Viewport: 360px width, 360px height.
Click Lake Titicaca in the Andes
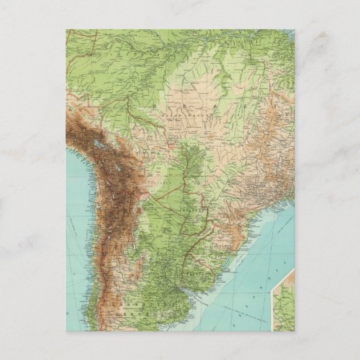99,146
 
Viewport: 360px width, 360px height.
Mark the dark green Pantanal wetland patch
194,163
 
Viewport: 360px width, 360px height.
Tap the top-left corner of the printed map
67,30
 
